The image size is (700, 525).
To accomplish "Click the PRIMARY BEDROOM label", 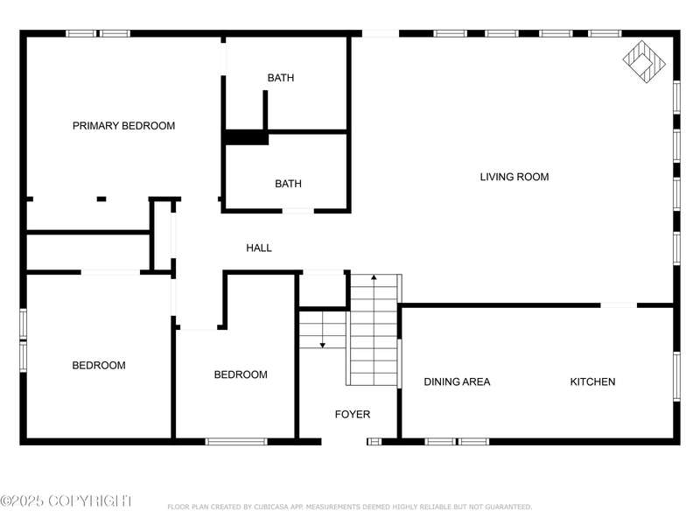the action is [x=123, y=126].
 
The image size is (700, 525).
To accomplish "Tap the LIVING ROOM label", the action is [x=514, y=177].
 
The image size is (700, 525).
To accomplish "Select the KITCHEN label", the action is [x=592, y=381].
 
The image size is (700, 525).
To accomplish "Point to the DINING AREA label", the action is [x=457, y=381].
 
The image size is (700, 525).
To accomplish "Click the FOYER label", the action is [x=353, y=414].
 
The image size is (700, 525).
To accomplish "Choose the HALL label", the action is [x=259, y=248].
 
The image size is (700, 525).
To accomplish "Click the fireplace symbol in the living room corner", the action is [x=644, y=61].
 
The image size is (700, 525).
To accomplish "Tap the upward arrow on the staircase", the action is [x=374, y=277].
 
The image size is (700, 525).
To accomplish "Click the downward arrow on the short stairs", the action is [x=322, y=345].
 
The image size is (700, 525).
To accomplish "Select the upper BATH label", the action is [x=281, y=78].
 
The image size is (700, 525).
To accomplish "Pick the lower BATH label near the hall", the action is [x=288, y=184].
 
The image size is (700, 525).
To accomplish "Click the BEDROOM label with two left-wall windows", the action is [x=99, y=365].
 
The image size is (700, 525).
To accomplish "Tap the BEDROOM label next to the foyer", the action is [x=241, y=374].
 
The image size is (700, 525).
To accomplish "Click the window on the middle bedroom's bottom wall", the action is [x=236, y=442].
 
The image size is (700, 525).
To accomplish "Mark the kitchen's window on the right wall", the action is [x=676, y=376].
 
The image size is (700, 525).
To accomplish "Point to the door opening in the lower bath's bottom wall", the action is [x=298, y=211].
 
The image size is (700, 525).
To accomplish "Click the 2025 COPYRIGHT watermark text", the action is [x=66, y=500].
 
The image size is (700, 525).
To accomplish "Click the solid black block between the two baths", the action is [x=246, y=137].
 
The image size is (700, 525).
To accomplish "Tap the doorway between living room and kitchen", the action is [x=619, y=305].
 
